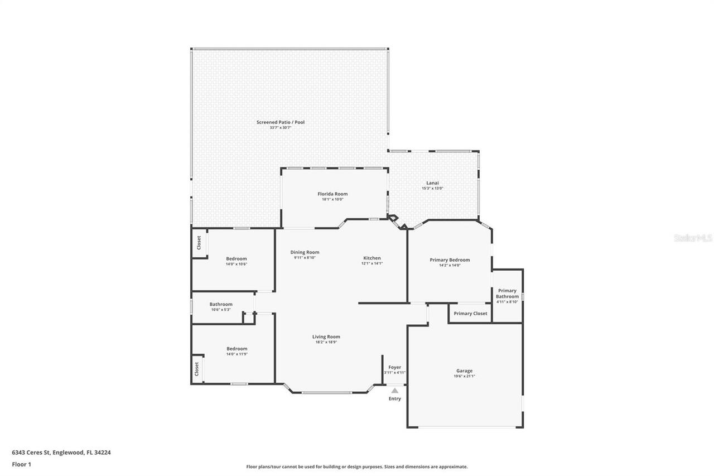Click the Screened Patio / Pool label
[x=281, y=122]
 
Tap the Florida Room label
[x=332, y=194]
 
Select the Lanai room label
[x=432, y=182]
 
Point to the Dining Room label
[x=306, y=252]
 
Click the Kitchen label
[x=372, y=258]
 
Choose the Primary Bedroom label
[x=450, y=259]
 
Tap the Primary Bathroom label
[x=507, y=294]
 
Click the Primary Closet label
[x=470, y=314]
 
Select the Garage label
[x=464, y=371]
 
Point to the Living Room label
[x=326, y=336]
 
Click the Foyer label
[x=394, y=367]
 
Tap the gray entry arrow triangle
[x=395, y=391]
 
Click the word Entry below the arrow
[x=395, y=398]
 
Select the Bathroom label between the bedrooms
[x=221, y=304]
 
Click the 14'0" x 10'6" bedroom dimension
[x=237, y=265]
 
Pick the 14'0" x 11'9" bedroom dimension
[x=237, y=354]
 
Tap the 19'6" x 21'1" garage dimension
[x=464, y=376]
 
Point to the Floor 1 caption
[x=21, y=464]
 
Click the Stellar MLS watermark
[x=693, y=238]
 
